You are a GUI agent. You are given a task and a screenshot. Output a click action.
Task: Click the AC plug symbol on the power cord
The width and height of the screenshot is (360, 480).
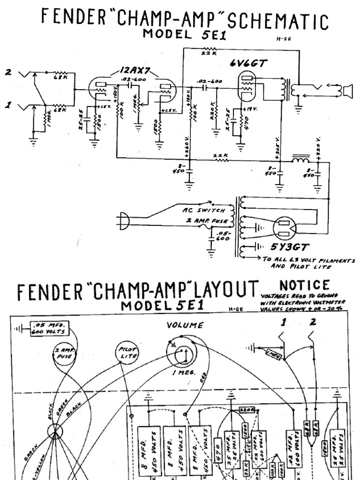pyautogui.click(x=124, y=221)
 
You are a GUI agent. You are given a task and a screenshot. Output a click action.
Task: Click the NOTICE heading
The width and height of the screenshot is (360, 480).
pyautogui.click(x=304, y=285)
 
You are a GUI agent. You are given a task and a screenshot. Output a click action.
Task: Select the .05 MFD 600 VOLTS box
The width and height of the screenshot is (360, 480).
pyautogui.click(x=48, y=329)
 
